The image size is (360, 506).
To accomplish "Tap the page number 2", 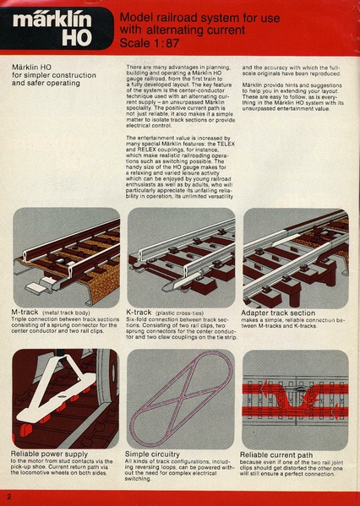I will tap(8, 495).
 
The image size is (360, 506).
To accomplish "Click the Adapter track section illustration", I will tap(295, 258).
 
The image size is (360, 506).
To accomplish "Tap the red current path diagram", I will tap(295, 398).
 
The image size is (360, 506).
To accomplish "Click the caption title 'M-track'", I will tap(28, 313).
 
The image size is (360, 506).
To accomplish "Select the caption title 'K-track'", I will tap(143, 313).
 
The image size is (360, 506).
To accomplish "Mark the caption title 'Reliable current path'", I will tap(277, 454).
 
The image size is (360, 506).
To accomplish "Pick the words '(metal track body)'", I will tap(70, 313).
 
